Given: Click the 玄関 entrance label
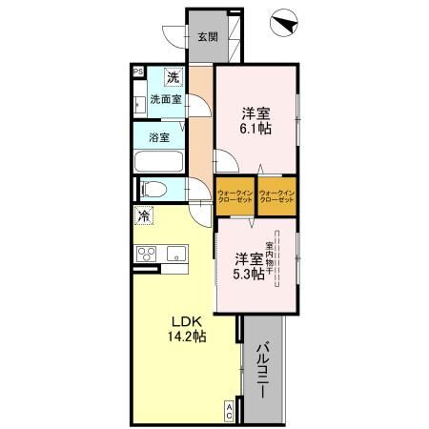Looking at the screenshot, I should point(207,37).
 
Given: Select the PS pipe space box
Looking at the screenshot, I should point(138,71).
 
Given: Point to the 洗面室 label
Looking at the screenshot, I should point(165,98).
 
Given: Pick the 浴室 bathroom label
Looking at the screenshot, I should point(159,137).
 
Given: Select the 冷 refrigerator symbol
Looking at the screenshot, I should point(144,216).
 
